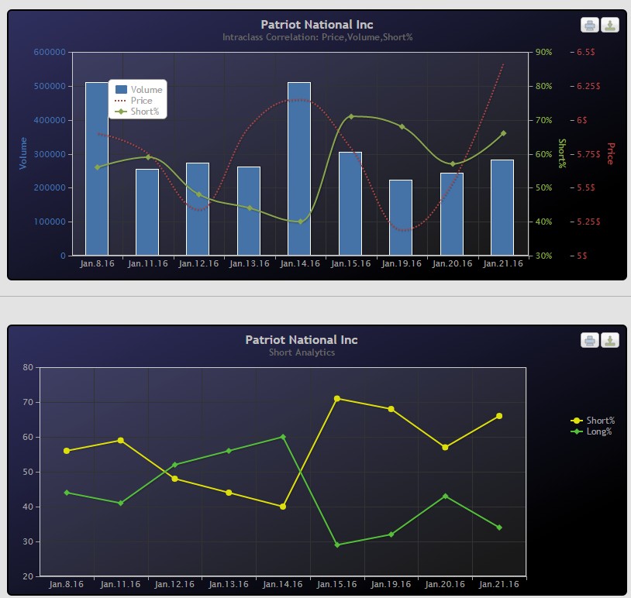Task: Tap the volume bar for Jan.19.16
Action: point(401,218)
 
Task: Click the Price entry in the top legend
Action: point(140,101)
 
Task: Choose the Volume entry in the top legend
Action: point(146,90)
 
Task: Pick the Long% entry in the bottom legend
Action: point(598,431)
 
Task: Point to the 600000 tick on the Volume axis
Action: point(50,52)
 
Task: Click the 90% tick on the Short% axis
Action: point(543,52)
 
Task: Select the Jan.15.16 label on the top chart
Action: point(350,264)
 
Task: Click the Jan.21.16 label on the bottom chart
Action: point(499,584)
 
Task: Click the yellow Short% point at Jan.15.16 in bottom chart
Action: point(337,399)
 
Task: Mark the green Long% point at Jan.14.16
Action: point(283,437)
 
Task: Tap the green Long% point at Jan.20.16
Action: point(445,496)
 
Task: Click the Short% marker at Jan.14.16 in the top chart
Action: point(300,222)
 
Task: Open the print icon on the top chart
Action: point(590,26)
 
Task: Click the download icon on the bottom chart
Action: point(610,341)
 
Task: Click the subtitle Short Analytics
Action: point(302,352)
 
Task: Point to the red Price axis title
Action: point(610,153)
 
